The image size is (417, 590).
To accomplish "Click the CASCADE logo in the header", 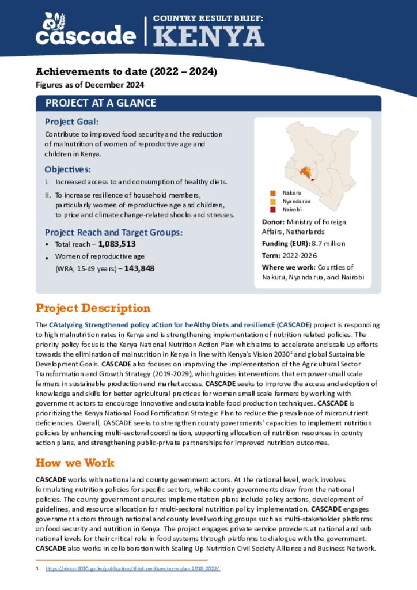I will (85, 30).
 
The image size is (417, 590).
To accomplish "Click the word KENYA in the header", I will (208, 37).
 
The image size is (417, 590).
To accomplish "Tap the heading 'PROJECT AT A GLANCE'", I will (101, 103).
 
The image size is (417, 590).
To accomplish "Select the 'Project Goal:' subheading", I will (71, 122).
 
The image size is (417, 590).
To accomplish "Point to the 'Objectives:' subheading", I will (67, 169).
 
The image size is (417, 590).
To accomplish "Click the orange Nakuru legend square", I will (273, 193).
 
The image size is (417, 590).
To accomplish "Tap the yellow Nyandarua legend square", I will (273, 201).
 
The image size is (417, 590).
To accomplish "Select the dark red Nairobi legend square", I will (273, 210).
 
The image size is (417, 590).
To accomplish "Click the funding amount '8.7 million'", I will (328, 244).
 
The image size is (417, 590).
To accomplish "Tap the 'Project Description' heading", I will (93, 308).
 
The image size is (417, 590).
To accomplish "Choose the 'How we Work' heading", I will (75, 463).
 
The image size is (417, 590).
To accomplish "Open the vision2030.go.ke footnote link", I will (132, 569).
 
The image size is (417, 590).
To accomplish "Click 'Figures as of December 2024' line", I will (90, 85).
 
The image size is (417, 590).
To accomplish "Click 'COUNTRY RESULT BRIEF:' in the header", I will (208, 18).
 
